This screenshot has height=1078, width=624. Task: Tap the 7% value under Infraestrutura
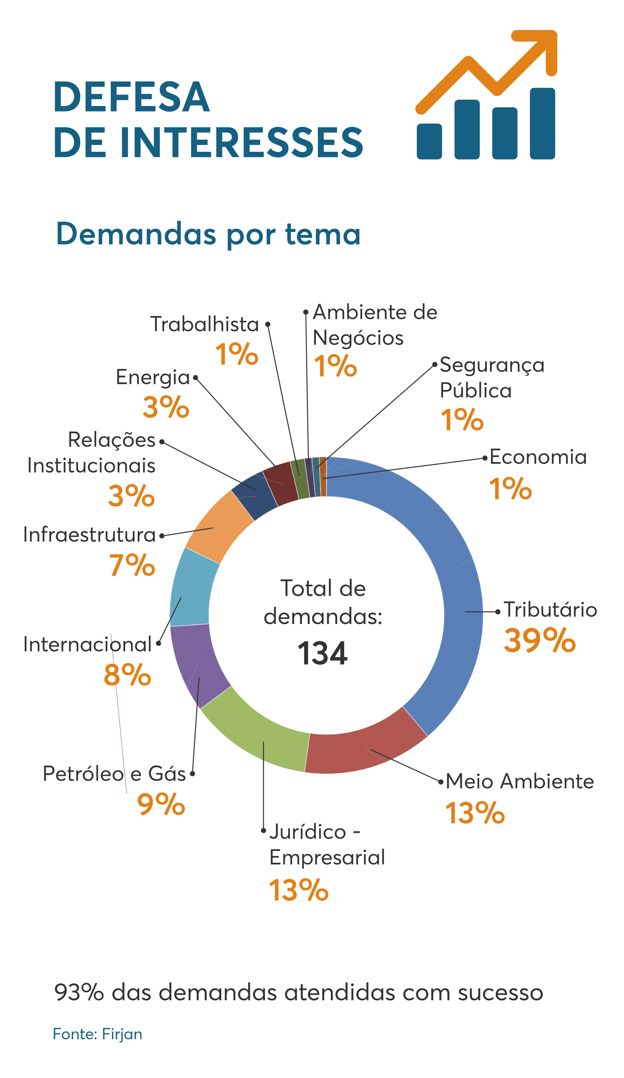tap(132, 565)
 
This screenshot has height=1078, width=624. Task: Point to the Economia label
tap(538, 457)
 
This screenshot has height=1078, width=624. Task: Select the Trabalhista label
tap(204, 324)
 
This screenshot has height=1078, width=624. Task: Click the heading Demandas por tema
tap(208, 234)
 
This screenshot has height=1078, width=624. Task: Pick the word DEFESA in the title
tap(131, 97)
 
